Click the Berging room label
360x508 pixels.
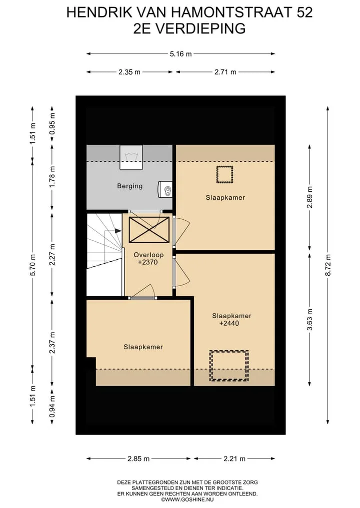129,186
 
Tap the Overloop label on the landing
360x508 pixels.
148,255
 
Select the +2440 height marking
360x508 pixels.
229,323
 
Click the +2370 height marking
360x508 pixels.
148,262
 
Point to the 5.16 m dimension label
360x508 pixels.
180,54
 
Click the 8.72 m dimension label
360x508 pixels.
328,265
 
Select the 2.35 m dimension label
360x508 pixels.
129,72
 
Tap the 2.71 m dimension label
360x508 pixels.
225,72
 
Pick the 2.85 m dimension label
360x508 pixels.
138,459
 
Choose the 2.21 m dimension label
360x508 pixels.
234,459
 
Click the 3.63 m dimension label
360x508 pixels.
309,320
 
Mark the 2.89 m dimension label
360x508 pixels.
309,197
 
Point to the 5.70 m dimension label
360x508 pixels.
32,265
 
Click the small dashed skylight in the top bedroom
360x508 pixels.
225,174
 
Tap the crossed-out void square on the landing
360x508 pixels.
149,230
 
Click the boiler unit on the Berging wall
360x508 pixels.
165,189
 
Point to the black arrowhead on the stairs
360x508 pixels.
117,231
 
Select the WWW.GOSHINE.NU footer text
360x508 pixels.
187,499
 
